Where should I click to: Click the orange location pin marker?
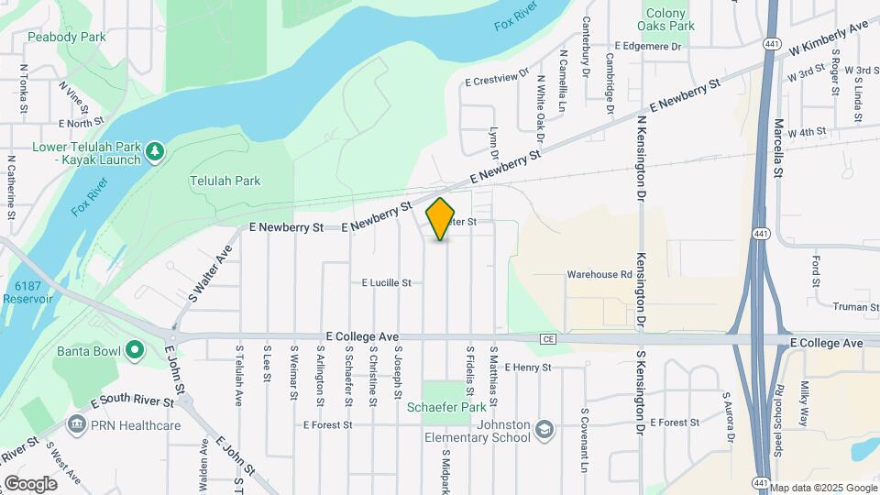tap(441, 218)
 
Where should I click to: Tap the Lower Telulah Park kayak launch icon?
tap(155, 148)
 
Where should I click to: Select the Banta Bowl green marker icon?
tap(135, 349)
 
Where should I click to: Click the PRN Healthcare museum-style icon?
tap(75, 424)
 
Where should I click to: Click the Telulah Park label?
tap(225, 181)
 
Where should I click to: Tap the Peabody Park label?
tap(67, 37)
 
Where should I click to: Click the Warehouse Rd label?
tap(599, 273)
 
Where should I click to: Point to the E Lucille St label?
tap(386, 283)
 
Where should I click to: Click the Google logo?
tap(30, 483)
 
